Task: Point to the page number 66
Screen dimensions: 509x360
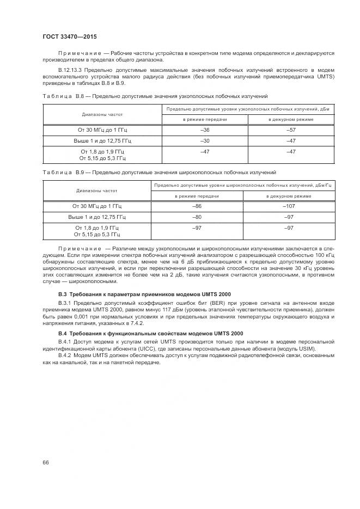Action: point(46,462)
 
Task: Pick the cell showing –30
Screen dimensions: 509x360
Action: point(205,140)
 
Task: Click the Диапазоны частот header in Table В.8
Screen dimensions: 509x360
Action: point(102,115)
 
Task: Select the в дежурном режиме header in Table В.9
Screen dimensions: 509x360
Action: point(289,195)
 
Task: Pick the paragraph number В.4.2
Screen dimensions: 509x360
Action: point(65,356)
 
